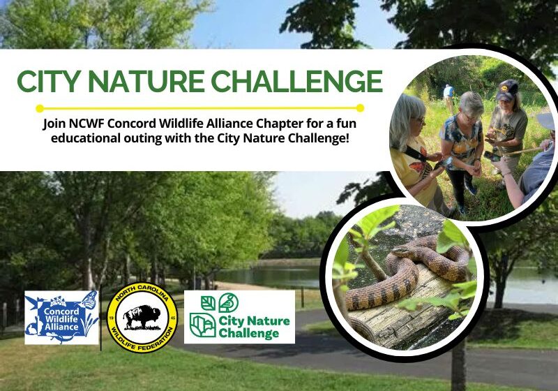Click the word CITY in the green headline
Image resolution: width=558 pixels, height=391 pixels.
pyautogui.click(x=50, y=81)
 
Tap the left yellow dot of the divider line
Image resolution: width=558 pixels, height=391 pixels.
pyautogui.click(x=40, y=108)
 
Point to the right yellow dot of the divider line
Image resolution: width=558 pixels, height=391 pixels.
pyautogui.click(x=360, y=108)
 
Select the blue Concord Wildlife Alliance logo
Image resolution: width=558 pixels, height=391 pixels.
pyautogui.click(x=61, y=317)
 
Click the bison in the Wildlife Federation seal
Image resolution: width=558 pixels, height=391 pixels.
pyautogui.click(x=141, y=318)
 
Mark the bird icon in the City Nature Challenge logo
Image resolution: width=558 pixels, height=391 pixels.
pyautogui.click(x=207, y=302)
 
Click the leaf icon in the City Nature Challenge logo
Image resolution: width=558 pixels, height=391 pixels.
pyautogui.click(x=227, y=302)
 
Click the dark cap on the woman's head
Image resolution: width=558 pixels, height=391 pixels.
pyautogui.click(x=507, y=89)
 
